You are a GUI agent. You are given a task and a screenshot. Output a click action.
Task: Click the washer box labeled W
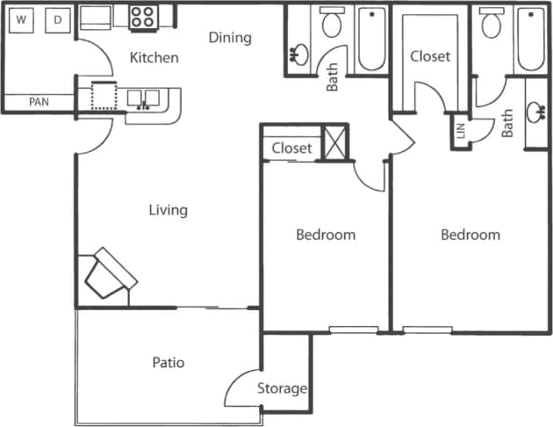[22, 18]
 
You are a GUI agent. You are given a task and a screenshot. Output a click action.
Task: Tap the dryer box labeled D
[58, 18]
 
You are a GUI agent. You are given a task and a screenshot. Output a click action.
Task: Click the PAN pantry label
[39, 102]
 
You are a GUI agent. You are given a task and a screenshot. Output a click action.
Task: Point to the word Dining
[230, 38]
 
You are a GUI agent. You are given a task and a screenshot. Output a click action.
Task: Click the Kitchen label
[154, 58]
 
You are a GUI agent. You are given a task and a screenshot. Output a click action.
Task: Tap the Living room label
[168, 210]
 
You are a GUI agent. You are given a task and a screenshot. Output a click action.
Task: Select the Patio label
[168, 362]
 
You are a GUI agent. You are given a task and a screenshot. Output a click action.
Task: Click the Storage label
[282, 388]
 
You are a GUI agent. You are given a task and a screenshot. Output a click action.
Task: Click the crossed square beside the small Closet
[334, 143]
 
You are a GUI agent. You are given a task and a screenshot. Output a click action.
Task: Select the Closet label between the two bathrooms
[430, 56]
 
